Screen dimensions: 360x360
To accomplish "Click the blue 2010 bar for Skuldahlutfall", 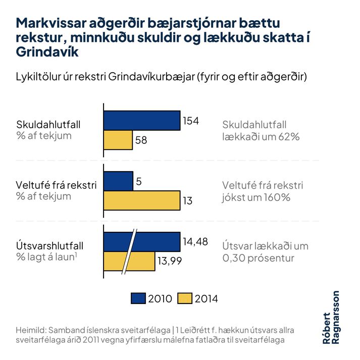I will [142, 120].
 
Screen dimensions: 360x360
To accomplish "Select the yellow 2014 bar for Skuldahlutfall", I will [118, 140].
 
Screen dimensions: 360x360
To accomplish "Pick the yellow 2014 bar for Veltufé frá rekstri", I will [142, 200].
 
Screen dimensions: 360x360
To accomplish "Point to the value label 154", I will [191, 121].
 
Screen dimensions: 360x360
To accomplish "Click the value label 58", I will [141, 140].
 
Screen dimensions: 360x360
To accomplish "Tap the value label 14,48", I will [195, 242].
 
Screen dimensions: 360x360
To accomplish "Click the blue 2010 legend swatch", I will [138, 298].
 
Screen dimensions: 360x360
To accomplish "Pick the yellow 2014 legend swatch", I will [185, 298].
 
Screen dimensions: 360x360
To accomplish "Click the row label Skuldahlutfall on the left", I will [48, 124].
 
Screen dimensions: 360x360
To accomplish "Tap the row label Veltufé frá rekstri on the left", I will [56, 185].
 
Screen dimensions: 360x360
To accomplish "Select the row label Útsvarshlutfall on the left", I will [49, 246].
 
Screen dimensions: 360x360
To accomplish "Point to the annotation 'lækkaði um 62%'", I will [261, 136].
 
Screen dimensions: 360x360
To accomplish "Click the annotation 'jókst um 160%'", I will [256, 197].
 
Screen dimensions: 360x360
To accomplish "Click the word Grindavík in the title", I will [47, 52].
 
